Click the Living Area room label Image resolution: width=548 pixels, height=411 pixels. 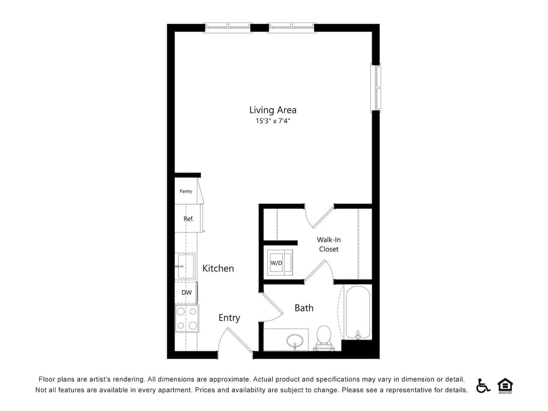[273, 110]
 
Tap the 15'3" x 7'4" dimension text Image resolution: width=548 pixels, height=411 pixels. [273, 121]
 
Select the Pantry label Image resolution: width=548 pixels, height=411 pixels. [186, 191]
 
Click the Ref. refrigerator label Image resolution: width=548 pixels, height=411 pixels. [188, 219]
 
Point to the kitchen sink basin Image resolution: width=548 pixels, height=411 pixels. [186, 266]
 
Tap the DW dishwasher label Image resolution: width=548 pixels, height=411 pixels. [187, 292]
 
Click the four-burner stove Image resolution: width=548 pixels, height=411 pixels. [187, 319]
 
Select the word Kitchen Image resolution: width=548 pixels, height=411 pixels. [218, 268]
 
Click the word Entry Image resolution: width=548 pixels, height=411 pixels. [229, 318]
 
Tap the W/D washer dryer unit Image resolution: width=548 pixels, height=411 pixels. [280, 262]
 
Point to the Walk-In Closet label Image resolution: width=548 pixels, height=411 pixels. [328, 244]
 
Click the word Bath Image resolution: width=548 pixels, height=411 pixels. [304, 308]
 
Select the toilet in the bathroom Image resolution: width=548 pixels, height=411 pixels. [324, 338]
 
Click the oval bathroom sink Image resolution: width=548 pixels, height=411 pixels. [295, 341]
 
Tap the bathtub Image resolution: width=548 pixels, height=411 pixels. [357, 313]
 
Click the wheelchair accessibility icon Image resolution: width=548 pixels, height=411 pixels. [483, 386]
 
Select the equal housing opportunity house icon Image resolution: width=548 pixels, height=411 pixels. [505, 386]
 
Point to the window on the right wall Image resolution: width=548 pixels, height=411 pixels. [375, 87]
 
